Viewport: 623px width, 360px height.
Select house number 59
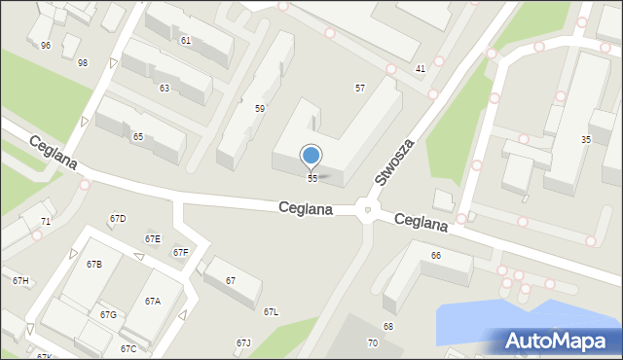click(260, 109)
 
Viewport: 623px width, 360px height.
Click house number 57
click(360, 89)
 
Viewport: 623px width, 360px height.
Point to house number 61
click(186, 40)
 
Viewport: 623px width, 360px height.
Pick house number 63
click(165, 89)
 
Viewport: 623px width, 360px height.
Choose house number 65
click(138, 137)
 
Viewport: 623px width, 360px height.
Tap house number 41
click(421, 69)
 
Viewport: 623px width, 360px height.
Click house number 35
click(586, 140)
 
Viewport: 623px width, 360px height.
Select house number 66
click(436, 256)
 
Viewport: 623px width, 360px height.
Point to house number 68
click(388, 326)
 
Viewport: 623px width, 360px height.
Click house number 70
click(372, 343)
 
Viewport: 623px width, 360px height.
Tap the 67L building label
click(271, 312)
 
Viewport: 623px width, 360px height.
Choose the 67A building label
click(153, 302)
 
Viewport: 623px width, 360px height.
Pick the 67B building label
click(93, 265)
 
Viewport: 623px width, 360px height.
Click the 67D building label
click(118, 219)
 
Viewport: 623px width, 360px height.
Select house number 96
click(46, 46)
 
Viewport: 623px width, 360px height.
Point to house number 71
click(46, 223)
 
